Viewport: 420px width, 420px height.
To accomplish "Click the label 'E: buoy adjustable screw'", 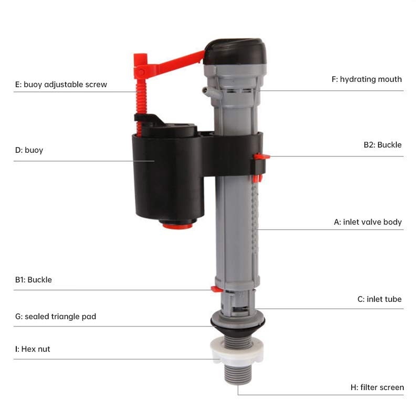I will [x=61, y=84].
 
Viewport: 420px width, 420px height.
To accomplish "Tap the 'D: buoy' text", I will [x=29, y=150].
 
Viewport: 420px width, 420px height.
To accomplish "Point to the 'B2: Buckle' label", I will [x=382, y=145].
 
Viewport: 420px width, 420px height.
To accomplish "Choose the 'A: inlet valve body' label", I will [x=367, y=222].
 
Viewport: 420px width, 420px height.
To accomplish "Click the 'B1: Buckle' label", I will [x=34, y=280].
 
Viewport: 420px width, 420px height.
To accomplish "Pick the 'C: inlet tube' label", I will [x=379, y=299].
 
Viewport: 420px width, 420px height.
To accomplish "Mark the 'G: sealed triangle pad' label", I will [x=56, y=317].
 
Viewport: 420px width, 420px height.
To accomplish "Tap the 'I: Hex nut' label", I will [x=33, y=349].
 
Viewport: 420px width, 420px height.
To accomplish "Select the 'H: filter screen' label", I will [x=377, y=387].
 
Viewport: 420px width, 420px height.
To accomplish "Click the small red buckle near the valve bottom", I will [x=215, y=288].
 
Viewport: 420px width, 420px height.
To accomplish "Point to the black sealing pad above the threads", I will [x=237, y=321].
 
